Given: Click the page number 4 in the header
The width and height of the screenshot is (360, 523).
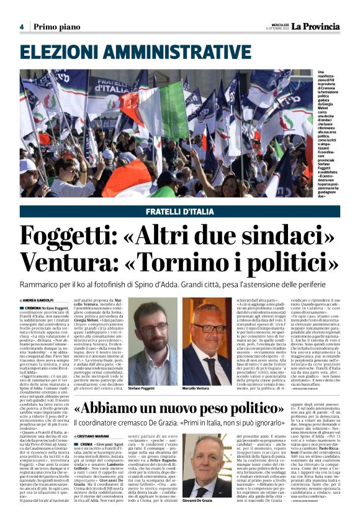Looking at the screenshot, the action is click(x=22, y=27).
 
